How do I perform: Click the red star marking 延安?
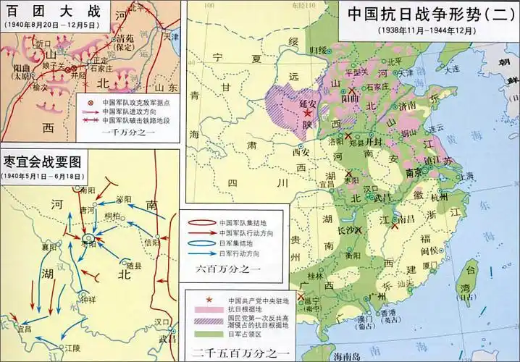tap(308, 114)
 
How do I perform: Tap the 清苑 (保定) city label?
tap(125, 44)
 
